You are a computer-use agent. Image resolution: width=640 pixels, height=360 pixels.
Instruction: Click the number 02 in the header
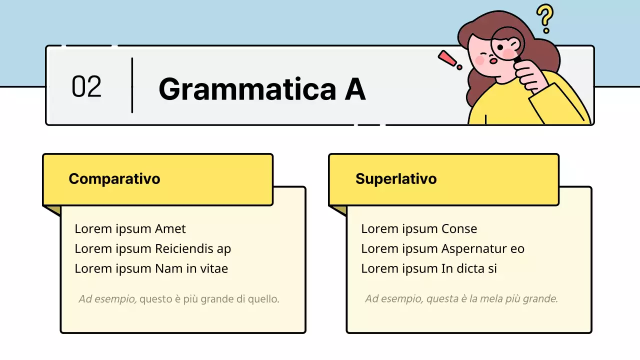(86, 86)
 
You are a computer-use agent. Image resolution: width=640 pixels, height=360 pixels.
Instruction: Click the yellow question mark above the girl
(545, 18)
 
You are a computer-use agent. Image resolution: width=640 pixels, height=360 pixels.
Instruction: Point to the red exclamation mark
(449, 59)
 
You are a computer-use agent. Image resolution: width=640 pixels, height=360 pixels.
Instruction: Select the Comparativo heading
(114, 178)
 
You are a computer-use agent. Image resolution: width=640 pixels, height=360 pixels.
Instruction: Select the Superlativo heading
(396, 178)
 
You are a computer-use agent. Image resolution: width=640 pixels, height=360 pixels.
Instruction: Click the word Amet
(170, 229)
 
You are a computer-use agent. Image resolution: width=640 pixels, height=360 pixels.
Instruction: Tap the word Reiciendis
(185, 248)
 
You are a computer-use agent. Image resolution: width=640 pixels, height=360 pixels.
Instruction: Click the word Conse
(459, 229)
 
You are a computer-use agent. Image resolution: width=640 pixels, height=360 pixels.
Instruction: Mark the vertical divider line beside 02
(132, 85)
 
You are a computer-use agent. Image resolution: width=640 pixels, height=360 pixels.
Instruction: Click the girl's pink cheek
(480, 60)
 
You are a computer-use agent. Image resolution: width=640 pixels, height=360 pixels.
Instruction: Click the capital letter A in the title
(354, 89)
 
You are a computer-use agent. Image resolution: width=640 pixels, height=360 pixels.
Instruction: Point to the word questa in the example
(440, 299)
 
